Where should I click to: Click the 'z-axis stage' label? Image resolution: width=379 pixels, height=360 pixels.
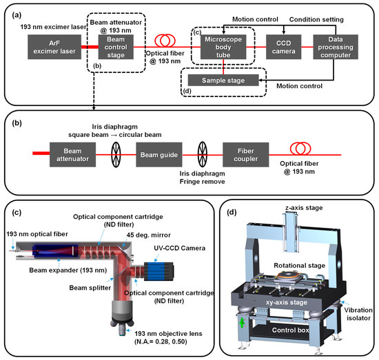click(296, 207)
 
